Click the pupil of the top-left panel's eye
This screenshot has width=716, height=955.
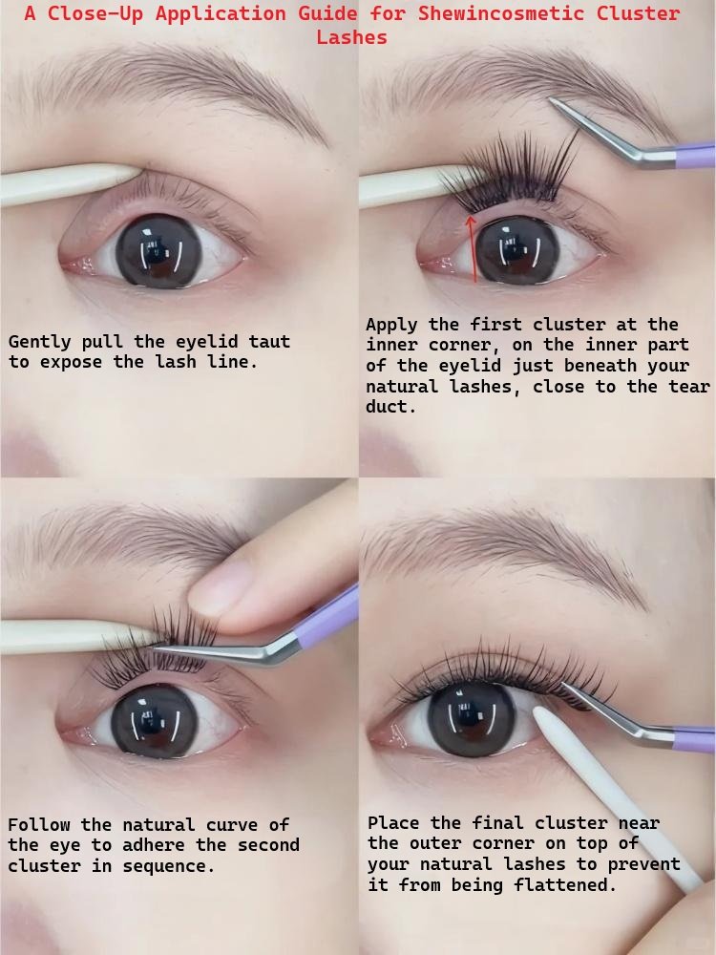click(x=158, y=247)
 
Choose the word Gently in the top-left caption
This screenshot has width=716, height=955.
click(x=38, y=342)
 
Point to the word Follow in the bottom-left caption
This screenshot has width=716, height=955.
click(x=38, y=824)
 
